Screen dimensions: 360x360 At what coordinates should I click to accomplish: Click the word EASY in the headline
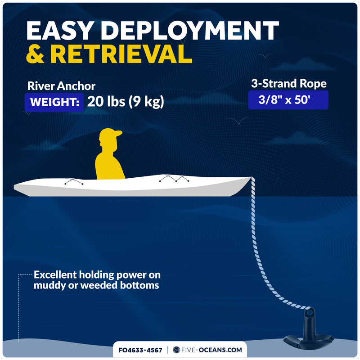pyautogui.click(x=60, y=31)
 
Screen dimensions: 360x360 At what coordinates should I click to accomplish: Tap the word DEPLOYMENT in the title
pyautogui.click(x=190, y=31)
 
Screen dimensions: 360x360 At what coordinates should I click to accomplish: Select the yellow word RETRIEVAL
pyautogui.click(x=121, y=54)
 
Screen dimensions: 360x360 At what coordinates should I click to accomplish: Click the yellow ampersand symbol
pyautogui.click(x=35, y=54)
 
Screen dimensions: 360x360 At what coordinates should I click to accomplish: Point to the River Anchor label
pyautogui.click(x=61, y=86)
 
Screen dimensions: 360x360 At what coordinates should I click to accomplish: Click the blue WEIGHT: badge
pyautogui.click(x=54, y=102)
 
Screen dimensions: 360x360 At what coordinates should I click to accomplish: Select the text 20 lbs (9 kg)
pyautogui.click(x=126, y=102)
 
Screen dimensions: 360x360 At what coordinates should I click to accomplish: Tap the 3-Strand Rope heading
pyautogui.click(x=289, y=83)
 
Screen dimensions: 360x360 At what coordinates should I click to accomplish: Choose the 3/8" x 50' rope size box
pyautogui.click(x=288, y=100)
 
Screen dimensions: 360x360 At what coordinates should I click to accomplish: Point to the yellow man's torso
pyautogui.click(x=109, y=165)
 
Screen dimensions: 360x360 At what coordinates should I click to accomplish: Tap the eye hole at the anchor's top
pyautogui.click(x=310, y=312)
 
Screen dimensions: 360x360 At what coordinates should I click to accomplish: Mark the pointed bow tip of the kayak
pyautogui.click(x=252, y=177)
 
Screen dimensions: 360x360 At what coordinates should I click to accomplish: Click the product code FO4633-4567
pyautogui.click(x=140, y=350)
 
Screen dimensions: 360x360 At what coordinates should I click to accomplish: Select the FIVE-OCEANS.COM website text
pyautogui.click(x=211, y=350)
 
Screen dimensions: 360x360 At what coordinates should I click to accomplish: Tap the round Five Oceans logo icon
pyautogui.click(x=176, y=350)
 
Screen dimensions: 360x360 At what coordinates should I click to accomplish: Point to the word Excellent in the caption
pyautogui.click(x=55, y=275)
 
